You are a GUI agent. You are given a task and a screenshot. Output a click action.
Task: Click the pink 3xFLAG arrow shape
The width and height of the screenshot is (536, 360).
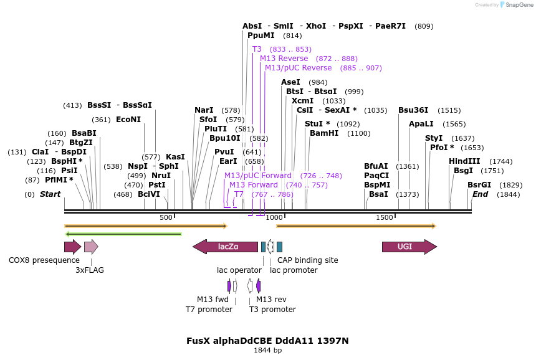pyautogui.click(x=91, y=247)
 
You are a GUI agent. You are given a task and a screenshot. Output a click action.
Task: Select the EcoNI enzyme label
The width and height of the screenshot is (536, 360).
pyautogui.click(x=128, y=120)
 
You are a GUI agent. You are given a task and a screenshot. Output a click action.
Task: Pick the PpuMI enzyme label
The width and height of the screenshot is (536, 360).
pyautogui.click(x=261, y=36)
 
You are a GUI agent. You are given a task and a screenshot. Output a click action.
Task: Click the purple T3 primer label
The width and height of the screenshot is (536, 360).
pyautogui.click(x=257, y=49)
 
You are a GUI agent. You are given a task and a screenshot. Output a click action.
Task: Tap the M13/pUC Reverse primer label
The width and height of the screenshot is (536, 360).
pyautogui.click(x=298, y=68)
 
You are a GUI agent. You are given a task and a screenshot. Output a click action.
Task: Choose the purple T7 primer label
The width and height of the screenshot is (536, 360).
pyautogui.click(x=239, y=194)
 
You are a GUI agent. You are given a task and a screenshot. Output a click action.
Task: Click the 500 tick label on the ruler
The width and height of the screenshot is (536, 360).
pyautogui.click(x=166, y=217)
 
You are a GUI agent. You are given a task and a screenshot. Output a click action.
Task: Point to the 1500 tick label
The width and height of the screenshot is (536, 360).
pyautogui.click(x=385, y=217)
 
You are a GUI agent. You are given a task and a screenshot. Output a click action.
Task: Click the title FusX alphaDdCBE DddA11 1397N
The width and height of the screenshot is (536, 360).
pyautogui.click(x=267, y=341)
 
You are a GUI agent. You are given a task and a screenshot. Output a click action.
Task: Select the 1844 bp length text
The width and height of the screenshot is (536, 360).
pyautogui.click(x=267, y=351)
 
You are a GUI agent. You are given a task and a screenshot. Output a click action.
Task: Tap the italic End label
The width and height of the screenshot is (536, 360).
pyautogui.click(x=480, y=194)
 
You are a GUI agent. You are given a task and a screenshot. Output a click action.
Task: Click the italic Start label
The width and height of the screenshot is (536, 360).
pyautogui.click(x=50, y=194)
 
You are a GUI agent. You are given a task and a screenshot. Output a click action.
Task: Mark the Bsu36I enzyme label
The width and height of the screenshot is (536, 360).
pyautogui.click(x=413, y=110)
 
